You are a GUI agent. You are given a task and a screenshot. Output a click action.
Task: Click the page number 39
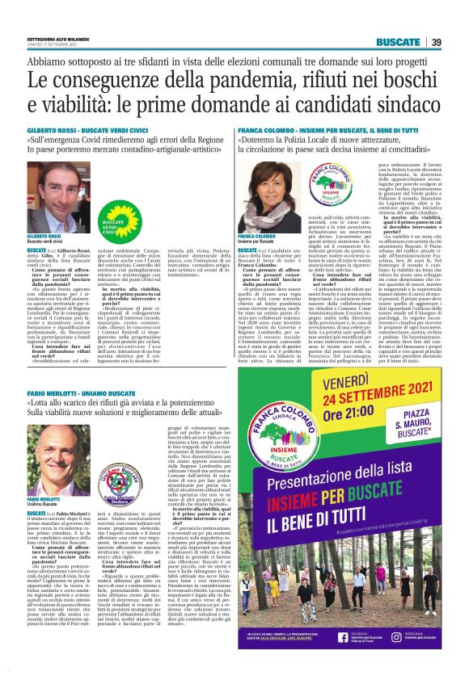(436, 42)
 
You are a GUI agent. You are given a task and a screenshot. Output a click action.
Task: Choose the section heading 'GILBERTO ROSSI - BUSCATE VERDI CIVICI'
(88, 129)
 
